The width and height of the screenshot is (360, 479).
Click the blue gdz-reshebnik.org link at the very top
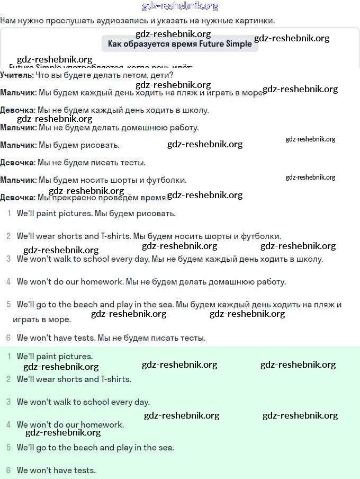[180, 6]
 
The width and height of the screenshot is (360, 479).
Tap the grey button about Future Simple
[179, 43]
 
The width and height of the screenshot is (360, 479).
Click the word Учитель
[16, 75]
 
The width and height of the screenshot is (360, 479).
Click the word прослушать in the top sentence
[66, 21]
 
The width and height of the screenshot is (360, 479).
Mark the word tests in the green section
[85, 470]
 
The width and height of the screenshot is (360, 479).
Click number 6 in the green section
[8, 470]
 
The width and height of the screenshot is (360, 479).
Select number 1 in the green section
[8, 356]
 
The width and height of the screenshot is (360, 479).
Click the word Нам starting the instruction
[8, 21]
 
